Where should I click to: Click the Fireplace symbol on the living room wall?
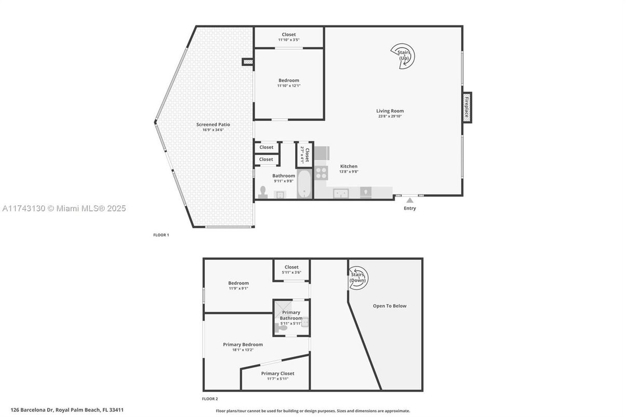[467, 107]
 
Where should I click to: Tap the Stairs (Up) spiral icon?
[404, 54]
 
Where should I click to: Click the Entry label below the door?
[410, 208]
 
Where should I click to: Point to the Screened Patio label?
[213, 124]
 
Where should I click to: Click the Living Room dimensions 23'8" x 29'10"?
[390, 116]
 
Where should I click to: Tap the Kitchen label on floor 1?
[349, 166]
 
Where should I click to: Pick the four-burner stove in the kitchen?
[322, 173]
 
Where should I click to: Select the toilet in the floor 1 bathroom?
[262, 192]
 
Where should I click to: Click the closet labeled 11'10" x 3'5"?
[289, 37]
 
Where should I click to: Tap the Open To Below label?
[389, 306]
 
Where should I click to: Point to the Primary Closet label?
[277, 373]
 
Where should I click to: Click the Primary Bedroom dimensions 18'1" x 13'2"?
[243, 350]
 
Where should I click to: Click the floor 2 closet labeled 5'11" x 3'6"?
[291, 270]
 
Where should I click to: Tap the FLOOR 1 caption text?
[161, 235]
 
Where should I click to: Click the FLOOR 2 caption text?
[210, 399]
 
